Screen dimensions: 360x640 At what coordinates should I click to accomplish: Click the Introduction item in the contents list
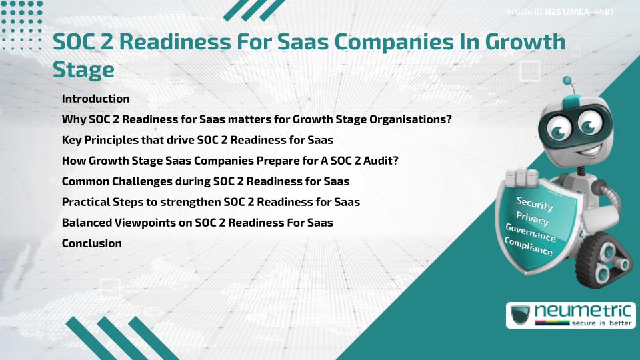pos(95,99)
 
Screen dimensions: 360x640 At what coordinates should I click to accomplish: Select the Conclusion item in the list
pos(91,243)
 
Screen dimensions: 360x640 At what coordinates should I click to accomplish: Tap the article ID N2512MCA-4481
pos(578,11)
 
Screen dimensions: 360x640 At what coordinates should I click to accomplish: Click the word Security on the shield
pos(535,203)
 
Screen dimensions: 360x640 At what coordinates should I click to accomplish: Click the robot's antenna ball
pos(567,81)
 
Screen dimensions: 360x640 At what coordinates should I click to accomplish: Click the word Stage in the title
pos(83,69)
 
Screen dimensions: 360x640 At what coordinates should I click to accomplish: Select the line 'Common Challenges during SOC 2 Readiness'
pos(205,181)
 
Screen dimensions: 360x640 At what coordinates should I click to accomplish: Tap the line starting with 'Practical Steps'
pos(211,202)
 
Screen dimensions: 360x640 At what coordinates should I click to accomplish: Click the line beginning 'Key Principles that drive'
pos(197,140)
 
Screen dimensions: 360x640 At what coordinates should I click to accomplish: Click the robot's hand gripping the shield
pos(521,177)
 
